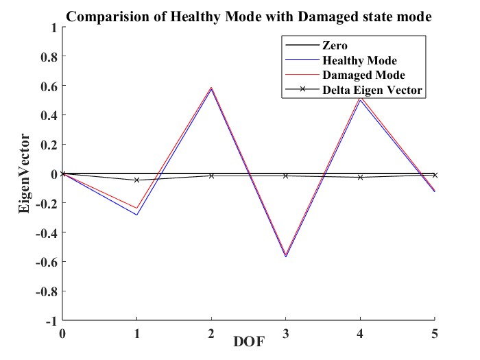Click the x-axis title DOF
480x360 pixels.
(x=248, y=341)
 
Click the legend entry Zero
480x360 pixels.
(x=335, y=46)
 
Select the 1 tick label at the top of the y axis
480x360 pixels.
(x=52, y=28)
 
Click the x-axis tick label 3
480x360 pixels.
(x=285, y=333)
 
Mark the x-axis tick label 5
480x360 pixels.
(x=433, y=333)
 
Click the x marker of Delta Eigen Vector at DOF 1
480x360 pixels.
(x=137, y=180)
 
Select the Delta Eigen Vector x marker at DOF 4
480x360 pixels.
(x=360, y=178)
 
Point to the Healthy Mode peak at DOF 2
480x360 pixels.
(x=211, y=90)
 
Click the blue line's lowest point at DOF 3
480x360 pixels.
(x=285, y=256)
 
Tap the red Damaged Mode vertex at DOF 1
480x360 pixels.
(x=137, y=208)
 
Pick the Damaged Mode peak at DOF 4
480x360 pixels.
(x=360, y=98)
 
